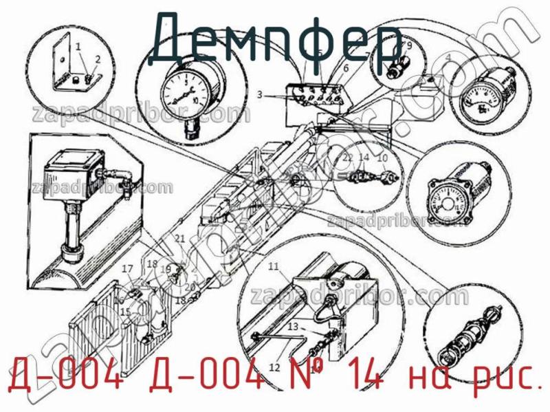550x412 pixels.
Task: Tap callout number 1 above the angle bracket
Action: pos(78,47)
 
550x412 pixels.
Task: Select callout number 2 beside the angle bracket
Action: pos(98,59)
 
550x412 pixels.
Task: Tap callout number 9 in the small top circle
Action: pos(409,46)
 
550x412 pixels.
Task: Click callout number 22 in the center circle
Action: pos(348,158)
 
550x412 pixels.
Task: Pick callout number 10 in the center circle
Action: pos(383,158)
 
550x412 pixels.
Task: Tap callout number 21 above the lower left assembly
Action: pos(180,238)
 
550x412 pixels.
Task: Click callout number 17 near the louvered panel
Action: pos(127,268)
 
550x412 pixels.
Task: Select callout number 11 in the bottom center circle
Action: pos(274,266)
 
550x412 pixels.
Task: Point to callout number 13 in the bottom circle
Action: pos(293,325)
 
